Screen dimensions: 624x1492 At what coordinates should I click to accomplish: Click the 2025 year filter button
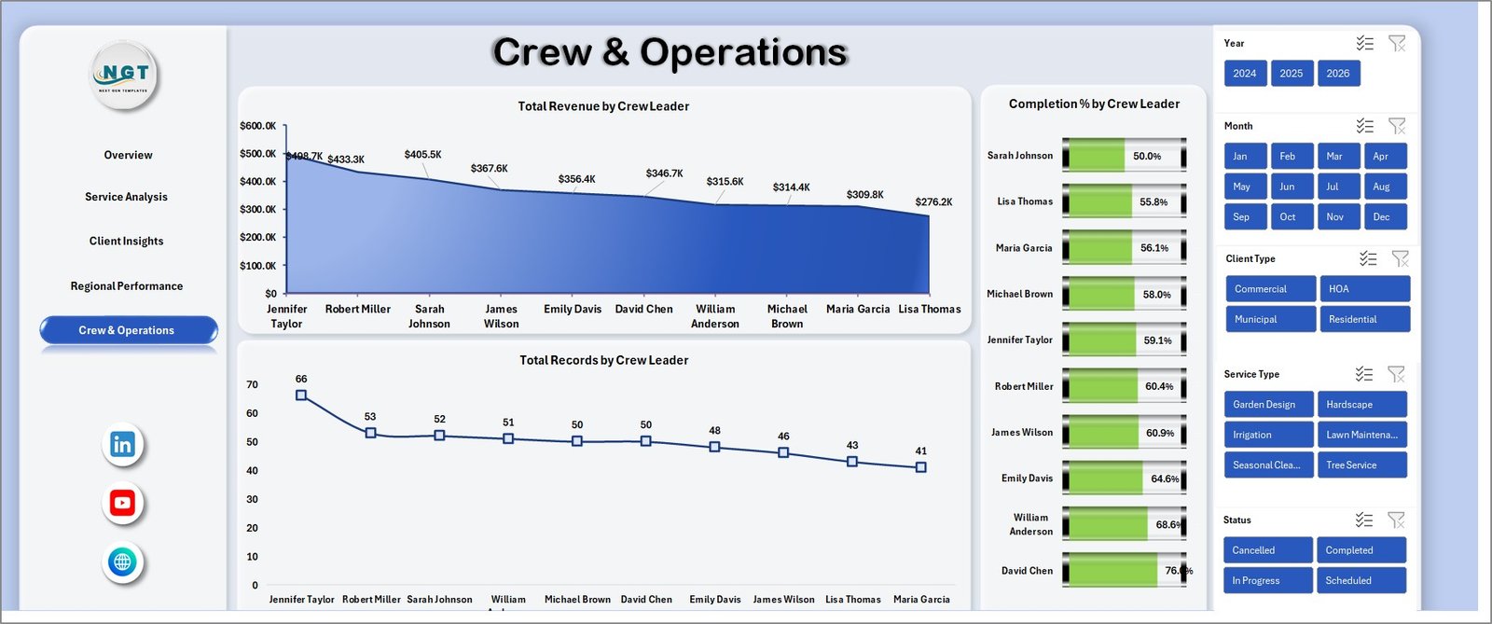(1292, 74)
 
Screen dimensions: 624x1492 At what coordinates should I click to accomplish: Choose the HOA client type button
(1364, 289)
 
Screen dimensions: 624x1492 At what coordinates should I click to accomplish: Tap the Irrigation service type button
(1268, 435)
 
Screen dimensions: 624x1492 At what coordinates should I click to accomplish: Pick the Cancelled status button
(1267, 550)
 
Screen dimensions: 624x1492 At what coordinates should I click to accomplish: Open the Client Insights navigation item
(127, 242)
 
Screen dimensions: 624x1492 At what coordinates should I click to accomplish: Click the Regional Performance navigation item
(127, 286)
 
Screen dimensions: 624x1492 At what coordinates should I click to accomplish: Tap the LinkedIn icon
(122, 445)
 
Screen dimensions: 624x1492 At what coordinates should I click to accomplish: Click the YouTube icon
(122, 504)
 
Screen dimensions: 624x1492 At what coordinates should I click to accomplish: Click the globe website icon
(122, 562)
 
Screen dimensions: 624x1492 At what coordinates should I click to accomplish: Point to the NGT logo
(125, 75)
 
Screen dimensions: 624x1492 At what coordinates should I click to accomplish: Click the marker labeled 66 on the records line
(301, 395)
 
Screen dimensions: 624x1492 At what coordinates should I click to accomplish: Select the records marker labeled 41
(921, 467)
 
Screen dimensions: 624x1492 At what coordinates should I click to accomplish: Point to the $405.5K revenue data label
(423, 155)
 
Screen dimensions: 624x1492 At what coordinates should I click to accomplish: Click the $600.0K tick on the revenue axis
(257, 126)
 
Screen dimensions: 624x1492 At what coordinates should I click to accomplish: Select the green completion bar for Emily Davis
(1104, 478)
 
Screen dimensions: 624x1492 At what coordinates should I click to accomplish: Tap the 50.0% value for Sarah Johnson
(1147, 157)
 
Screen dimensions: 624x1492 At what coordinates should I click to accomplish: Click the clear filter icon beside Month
(1397, 126)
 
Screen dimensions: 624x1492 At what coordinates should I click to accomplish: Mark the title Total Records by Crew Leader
(604, 360)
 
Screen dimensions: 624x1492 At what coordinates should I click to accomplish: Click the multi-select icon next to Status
(1364, 520)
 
